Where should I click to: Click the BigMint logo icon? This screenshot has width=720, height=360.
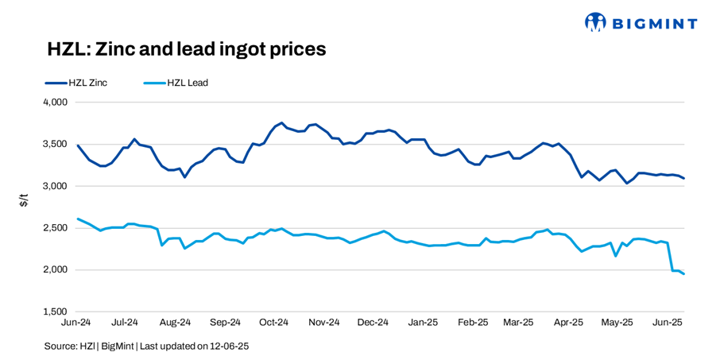[595, 22]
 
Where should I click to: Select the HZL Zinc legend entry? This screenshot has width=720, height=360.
[75, 82]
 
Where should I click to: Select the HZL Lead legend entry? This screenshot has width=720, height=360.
[176, 82]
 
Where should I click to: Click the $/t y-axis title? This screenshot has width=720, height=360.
[24, 203]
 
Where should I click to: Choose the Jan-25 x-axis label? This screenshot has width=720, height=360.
[423, 323]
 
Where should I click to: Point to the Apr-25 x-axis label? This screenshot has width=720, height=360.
[569, 323]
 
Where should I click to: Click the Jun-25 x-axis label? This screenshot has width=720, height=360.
[668, 323]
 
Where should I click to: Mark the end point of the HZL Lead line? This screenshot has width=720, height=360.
[684, 274]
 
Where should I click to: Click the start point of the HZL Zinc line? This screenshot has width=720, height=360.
[77, 145]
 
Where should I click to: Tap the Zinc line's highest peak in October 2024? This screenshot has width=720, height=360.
[281, 123]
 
